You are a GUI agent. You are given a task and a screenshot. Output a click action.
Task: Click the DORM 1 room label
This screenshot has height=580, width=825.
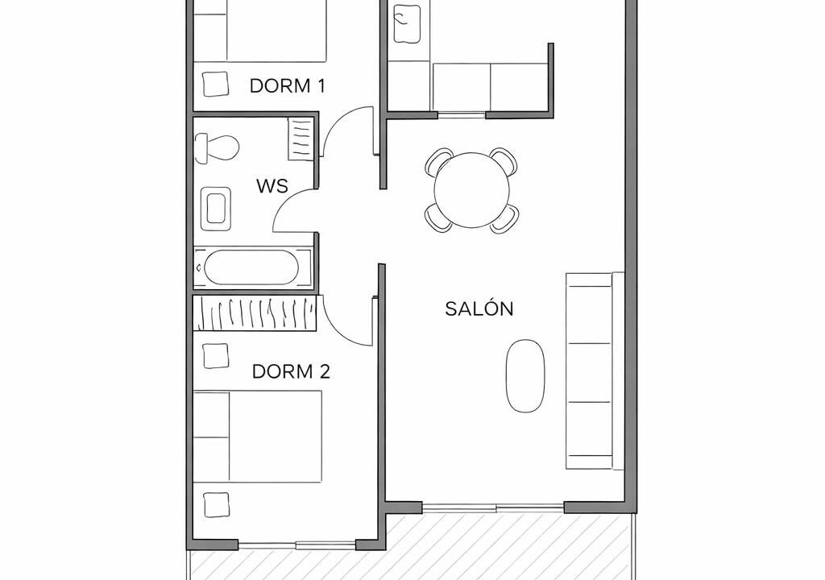(x=288, y=85)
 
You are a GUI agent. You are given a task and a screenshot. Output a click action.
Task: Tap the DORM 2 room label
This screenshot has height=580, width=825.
(x=291, y=371)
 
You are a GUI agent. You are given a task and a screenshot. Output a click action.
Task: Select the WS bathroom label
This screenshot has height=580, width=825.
(x=272, y=186)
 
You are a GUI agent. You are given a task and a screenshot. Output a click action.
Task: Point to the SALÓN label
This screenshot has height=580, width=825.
(x=479, y=309)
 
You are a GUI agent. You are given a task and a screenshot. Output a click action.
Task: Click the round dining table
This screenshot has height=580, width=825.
(x=472, y=190)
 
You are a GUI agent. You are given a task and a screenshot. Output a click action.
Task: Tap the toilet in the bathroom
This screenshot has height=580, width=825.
(x=216, y=148)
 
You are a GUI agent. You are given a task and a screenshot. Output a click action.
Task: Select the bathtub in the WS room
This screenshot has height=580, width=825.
(x=251, y=267)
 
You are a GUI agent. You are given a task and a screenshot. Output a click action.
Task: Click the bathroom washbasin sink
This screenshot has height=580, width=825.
(x=216, y=209)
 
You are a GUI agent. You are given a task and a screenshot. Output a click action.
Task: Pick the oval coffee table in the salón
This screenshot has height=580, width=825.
(x=525, y=375)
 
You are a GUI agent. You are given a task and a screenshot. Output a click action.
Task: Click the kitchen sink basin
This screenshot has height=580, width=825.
(x=407, y=23)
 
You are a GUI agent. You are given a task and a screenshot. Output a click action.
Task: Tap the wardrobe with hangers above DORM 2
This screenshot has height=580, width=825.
(x=255, y=313)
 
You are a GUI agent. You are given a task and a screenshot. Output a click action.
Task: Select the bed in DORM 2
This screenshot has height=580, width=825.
(x=257, y=437)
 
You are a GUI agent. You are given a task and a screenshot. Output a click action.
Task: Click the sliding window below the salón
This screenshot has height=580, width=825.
(x=494, y=507)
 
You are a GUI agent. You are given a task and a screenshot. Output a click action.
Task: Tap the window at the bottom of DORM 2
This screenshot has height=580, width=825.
(x=297, y=545)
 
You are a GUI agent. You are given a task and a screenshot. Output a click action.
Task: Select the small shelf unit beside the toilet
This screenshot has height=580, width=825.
(x=301, y=139)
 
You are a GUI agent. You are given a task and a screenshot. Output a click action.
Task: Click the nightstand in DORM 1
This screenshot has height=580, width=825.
(x=215, y=84)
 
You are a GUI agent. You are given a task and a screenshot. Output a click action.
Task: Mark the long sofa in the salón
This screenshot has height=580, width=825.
(x=595, y=371)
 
